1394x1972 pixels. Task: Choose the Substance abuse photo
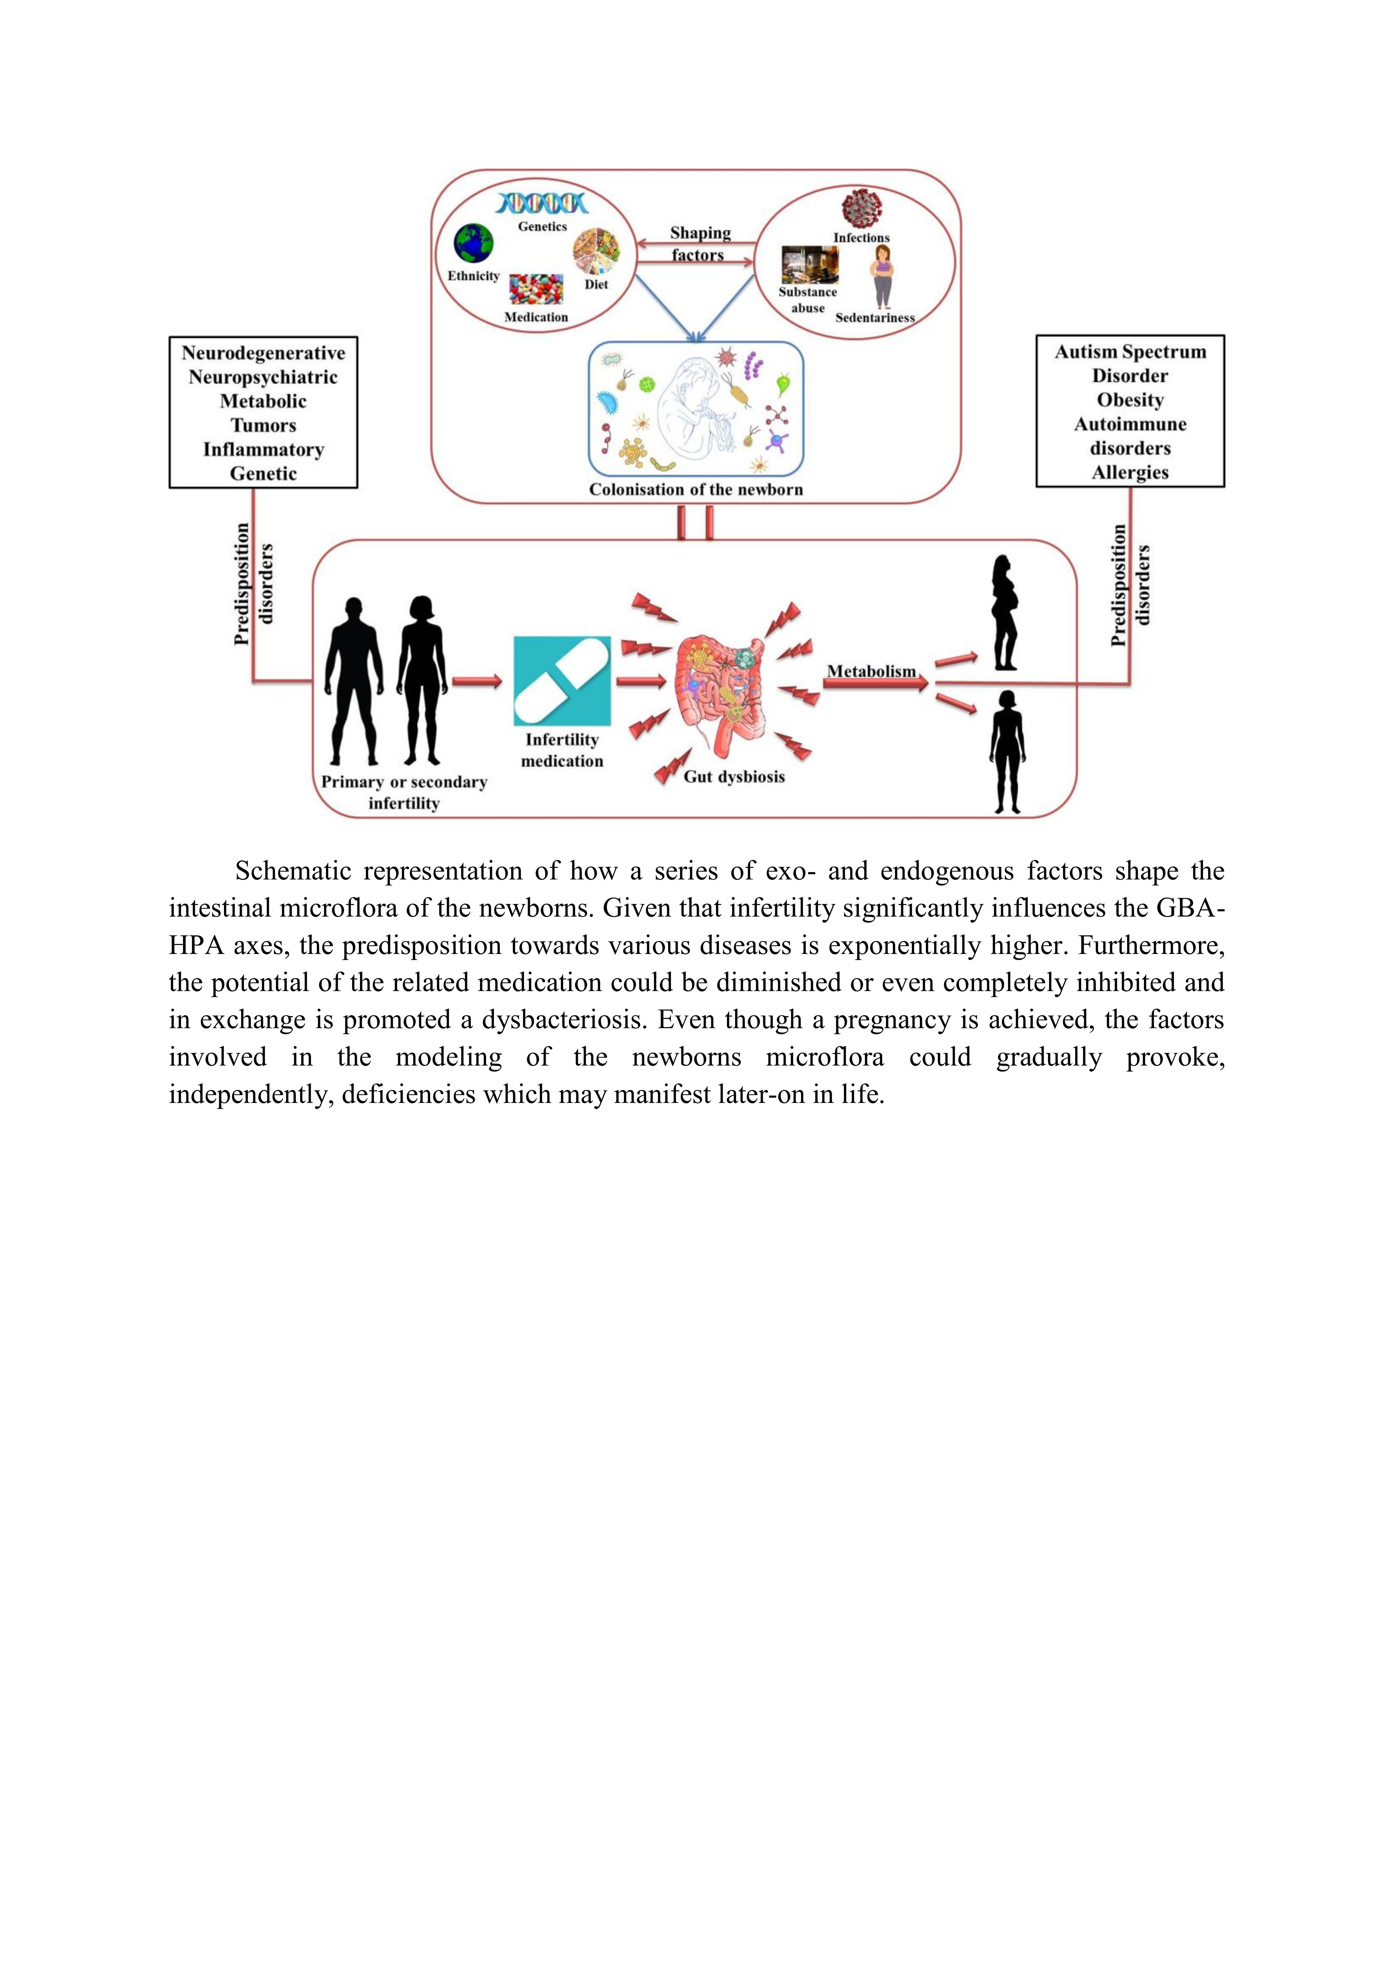(808, 264)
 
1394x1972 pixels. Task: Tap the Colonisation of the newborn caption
(696, 490)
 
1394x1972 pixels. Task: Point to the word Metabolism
(871, 671)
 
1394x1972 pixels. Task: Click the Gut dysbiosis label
(734, 776)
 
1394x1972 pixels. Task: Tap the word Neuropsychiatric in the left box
(263, 377)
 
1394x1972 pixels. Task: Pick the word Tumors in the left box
(263, 425)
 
